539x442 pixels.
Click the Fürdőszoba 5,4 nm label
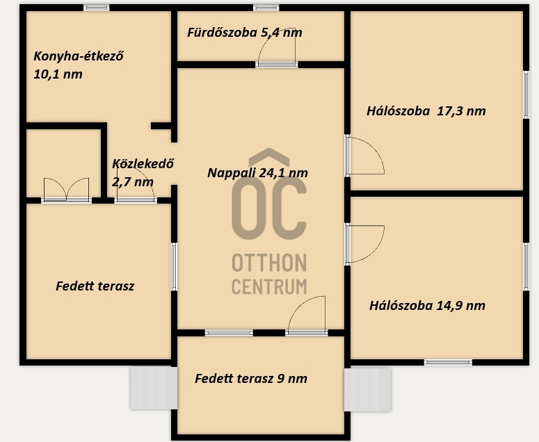(244, 33)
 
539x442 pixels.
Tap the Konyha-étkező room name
(79, 56)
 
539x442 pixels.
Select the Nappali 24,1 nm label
(257, 173)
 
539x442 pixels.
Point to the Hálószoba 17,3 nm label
(426, 111)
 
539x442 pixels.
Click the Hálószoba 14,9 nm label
(427, 305)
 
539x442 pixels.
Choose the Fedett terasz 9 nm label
(251, 379)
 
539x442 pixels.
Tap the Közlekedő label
(143, 163)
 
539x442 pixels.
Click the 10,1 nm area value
(58, 74)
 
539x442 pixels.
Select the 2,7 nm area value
(133, 181)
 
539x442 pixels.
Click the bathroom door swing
(277, 47)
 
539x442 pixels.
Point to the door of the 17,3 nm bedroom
(364, 156)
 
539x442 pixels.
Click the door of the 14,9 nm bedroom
(364, 244)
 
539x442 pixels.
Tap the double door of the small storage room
(66, 190)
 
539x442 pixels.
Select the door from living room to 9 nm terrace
(307, 316)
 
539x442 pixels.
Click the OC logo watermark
(269, 194)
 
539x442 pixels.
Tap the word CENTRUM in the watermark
(269, 286)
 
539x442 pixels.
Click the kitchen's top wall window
(96, 8)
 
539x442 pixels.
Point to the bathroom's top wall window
(266, 8)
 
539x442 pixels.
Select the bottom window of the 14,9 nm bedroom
(448, 362)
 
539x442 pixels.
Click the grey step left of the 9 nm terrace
(154, 388)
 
